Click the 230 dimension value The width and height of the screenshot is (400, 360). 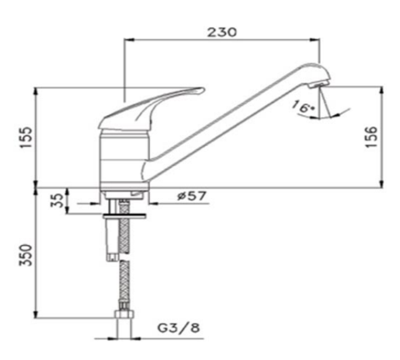point(222,31)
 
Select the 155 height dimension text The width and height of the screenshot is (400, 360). point(25,135)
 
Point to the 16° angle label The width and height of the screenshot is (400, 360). point(304,107)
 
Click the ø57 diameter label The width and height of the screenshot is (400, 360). point(192,197)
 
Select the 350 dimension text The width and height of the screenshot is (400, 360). point(25,255)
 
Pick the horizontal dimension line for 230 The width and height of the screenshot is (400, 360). point(222,40)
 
